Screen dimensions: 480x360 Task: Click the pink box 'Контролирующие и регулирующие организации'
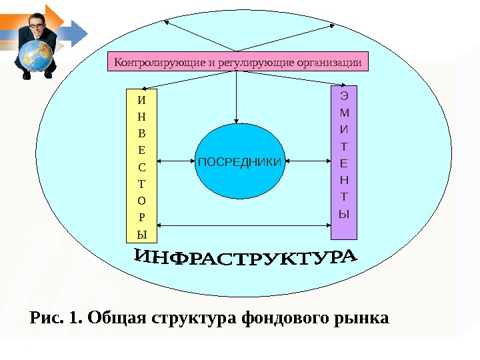click(238, 63)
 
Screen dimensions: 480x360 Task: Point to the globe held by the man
click(37, 57)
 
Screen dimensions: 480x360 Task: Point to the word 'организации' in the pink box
click(329, 63)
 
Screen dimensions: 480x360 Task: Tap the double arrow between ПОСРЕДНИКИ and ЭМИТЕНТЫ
click(307, 161)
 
